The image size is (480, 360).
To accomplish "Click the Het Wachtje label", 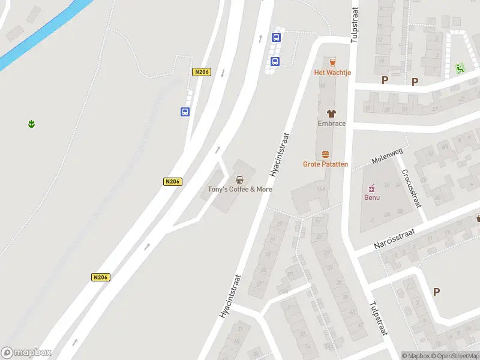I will [332, 73].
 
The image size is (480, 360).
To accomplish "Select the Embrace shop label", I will [331, 124].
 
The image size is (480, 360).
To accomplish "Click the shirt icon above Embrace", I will [331, 113].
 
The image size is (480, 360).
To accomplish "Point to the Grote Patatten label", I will [325, 164].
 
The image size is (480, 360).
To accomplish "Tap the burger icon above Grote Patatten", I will [325, 154].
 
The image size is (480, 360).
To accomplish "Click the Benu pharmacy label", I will [372, 197].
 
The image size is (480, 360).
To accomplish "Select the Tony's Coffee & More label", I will [240, 189].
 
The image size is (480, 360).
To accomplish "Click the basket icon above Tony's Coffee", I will [240, 179].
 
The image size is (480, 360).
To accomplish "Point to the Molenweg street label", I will [385, 158].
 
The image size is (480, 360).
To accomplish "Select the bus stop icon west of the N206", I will [185, 111].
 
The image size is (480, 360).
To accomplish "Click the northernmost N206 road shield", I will [202, 72].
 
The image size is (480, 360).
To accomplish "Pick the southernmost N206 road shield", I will [101, 277].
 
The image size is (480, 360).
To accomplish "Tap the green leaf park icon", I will [31, 124].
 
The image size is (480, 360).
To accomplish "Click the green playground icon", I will [460, 68].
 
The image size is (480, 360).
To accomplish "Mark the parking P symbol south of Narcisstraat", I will [436, 292].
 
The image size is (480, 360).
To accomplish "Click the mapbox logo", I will [26, 352].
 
